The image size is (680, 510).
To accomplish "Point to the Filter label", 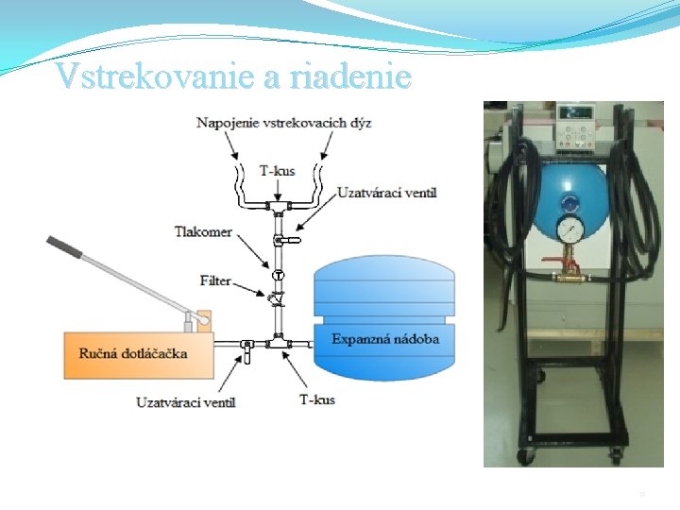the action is pyautogui.click(x=215, y=280).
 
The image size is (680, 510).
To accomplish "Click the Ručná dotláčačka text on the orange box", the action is pyautogui.click(x=131, y=354).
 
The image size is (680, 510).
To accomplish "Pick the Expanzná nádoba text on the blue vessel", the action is pyautogui.click(x=385, y=338).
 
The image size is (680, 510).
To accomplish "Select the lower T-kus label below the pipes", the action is pyautogui.click(x=316, y=399).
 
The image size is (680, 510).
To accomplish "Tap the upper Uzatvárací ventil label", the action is pyautogui.click(x=387, y=194).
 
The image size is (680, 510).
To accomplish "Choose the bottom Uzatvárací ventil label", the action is pyautogui.click(x=186, y=401).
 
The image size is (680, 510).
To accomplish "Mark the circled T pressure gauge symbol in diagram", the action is pyautogui.click(x=279, y=275).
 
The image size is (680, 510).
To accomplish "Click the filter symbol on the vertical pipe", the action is pyautogui.click(x=277, y=299).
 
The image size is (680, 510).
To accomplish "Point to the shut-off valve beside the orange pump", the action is pyautogui.click(x=245, y=349).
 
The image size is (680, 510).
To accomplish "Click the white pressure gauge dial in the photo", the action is pyautogui.click(x=569, y=232).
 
